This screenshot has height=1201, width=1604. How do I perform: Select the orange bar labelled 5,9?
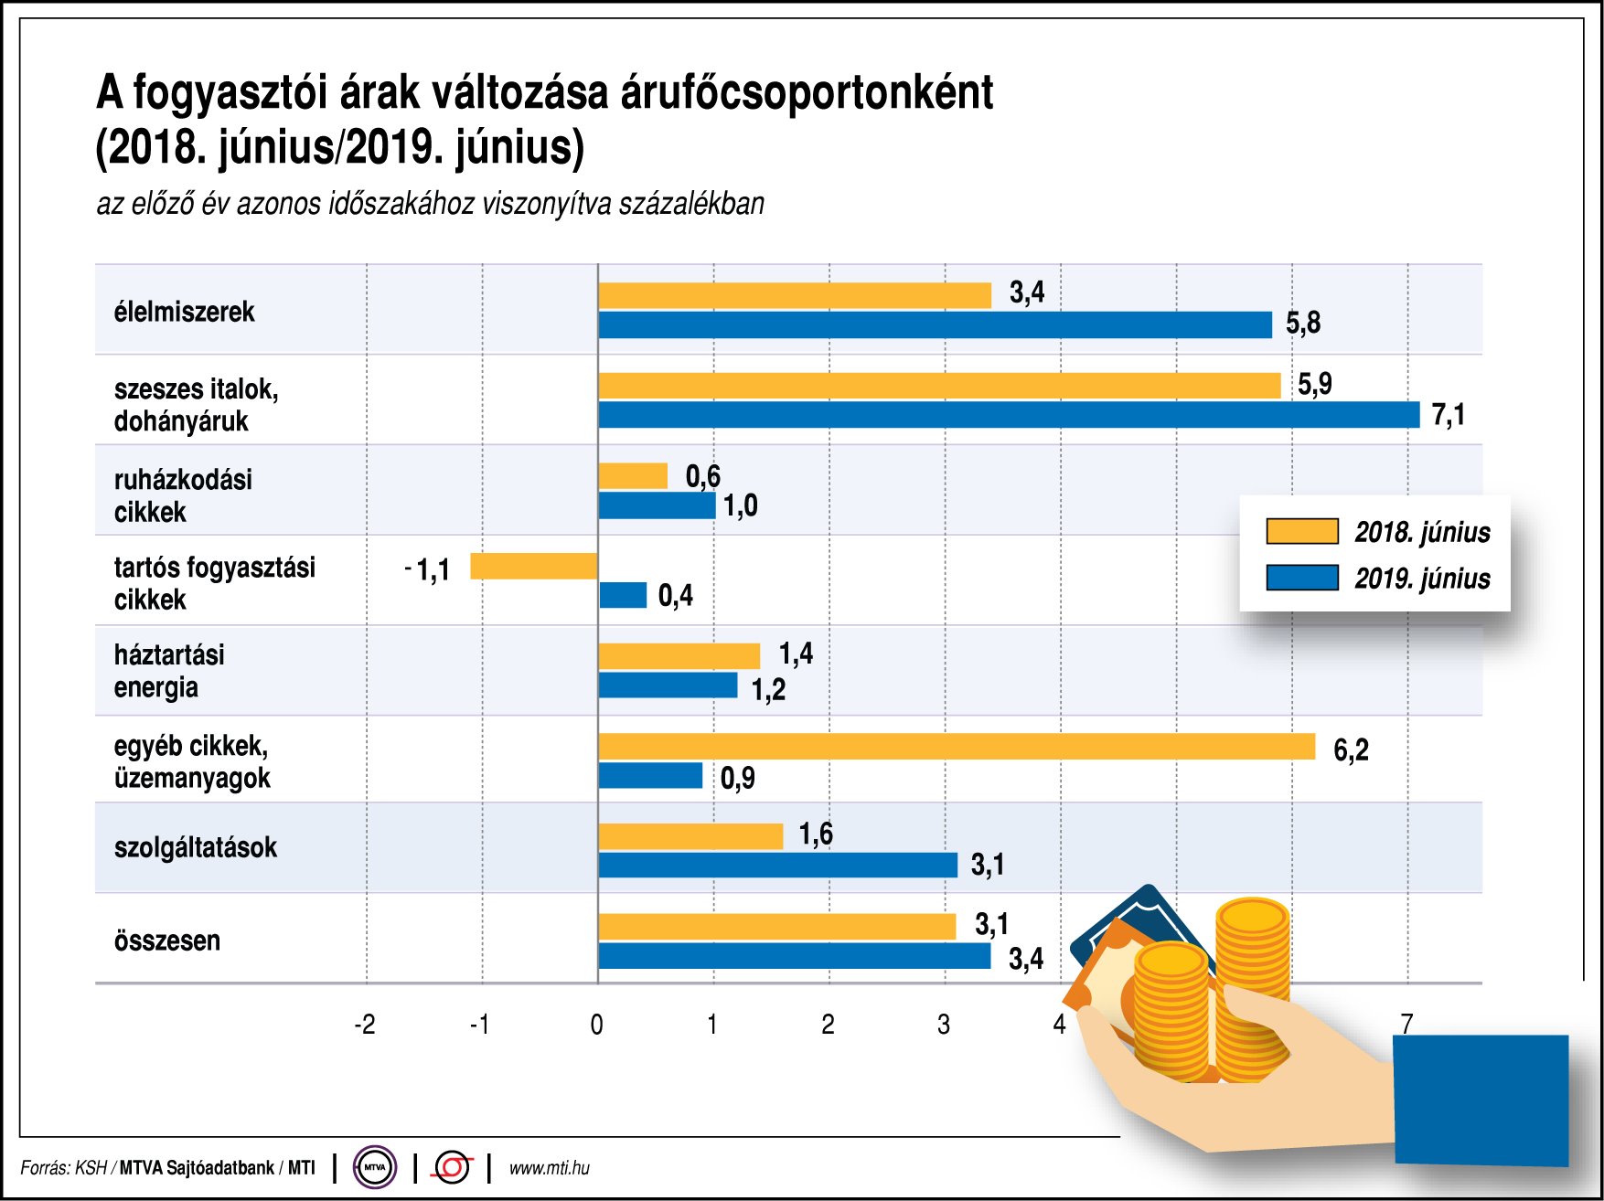pyautogui.click(x=939, y=386)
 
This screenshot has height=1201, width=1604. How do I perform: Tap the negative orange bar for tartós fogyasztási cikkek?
pyautogui.click(x=533, y=566)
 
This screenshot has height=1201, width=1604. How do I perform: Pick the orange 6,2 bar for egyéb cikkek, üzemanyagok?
pyautogui.click(x=957, y=747)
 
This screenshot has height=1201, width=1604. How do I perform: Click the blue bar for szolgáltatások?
pyautogui.click(x=777, y=865)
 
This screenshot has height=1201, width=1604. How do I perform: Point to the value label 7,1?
pyautogui.click(x=1448, y=415)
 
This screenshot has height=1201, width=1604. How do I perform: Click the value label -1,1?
pyautogui.click(x=428, y=570)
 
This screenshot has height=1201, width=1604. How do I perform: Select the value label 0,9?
pyautogui.click(x=737, y=778)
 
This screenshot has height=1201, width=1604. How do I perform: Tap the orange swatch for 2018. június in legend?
pyautogui.click(x=1301, y=531)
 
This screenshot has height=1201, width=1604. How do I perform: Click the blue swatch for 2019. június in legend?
pyautogui.click(x=1301, y=578)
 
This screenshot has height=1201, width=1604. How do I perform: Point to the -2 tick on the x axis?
pyautogui.click(x=364, y=1025)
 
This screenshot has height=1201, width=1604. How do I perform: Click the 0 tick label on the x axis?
pyautogui.click(x=596, y=1025)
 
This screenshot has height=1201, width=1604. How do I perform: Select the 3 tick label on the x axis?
pyautogui.click(x=944, y=1025)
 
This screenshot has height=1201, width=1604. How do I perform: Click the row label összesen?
pyautogui.click(x=167, y=941)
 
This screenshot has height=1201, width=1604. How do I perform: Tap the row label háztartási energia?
pyautogui.click(x=168, y=671)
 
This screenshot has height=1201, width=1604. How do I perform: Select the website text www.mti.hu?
pyautogui.click(x=549, y=1168)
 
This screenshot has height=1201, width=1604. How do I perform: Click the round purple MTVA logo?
pyautogui.click(x=375, y=1167)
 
